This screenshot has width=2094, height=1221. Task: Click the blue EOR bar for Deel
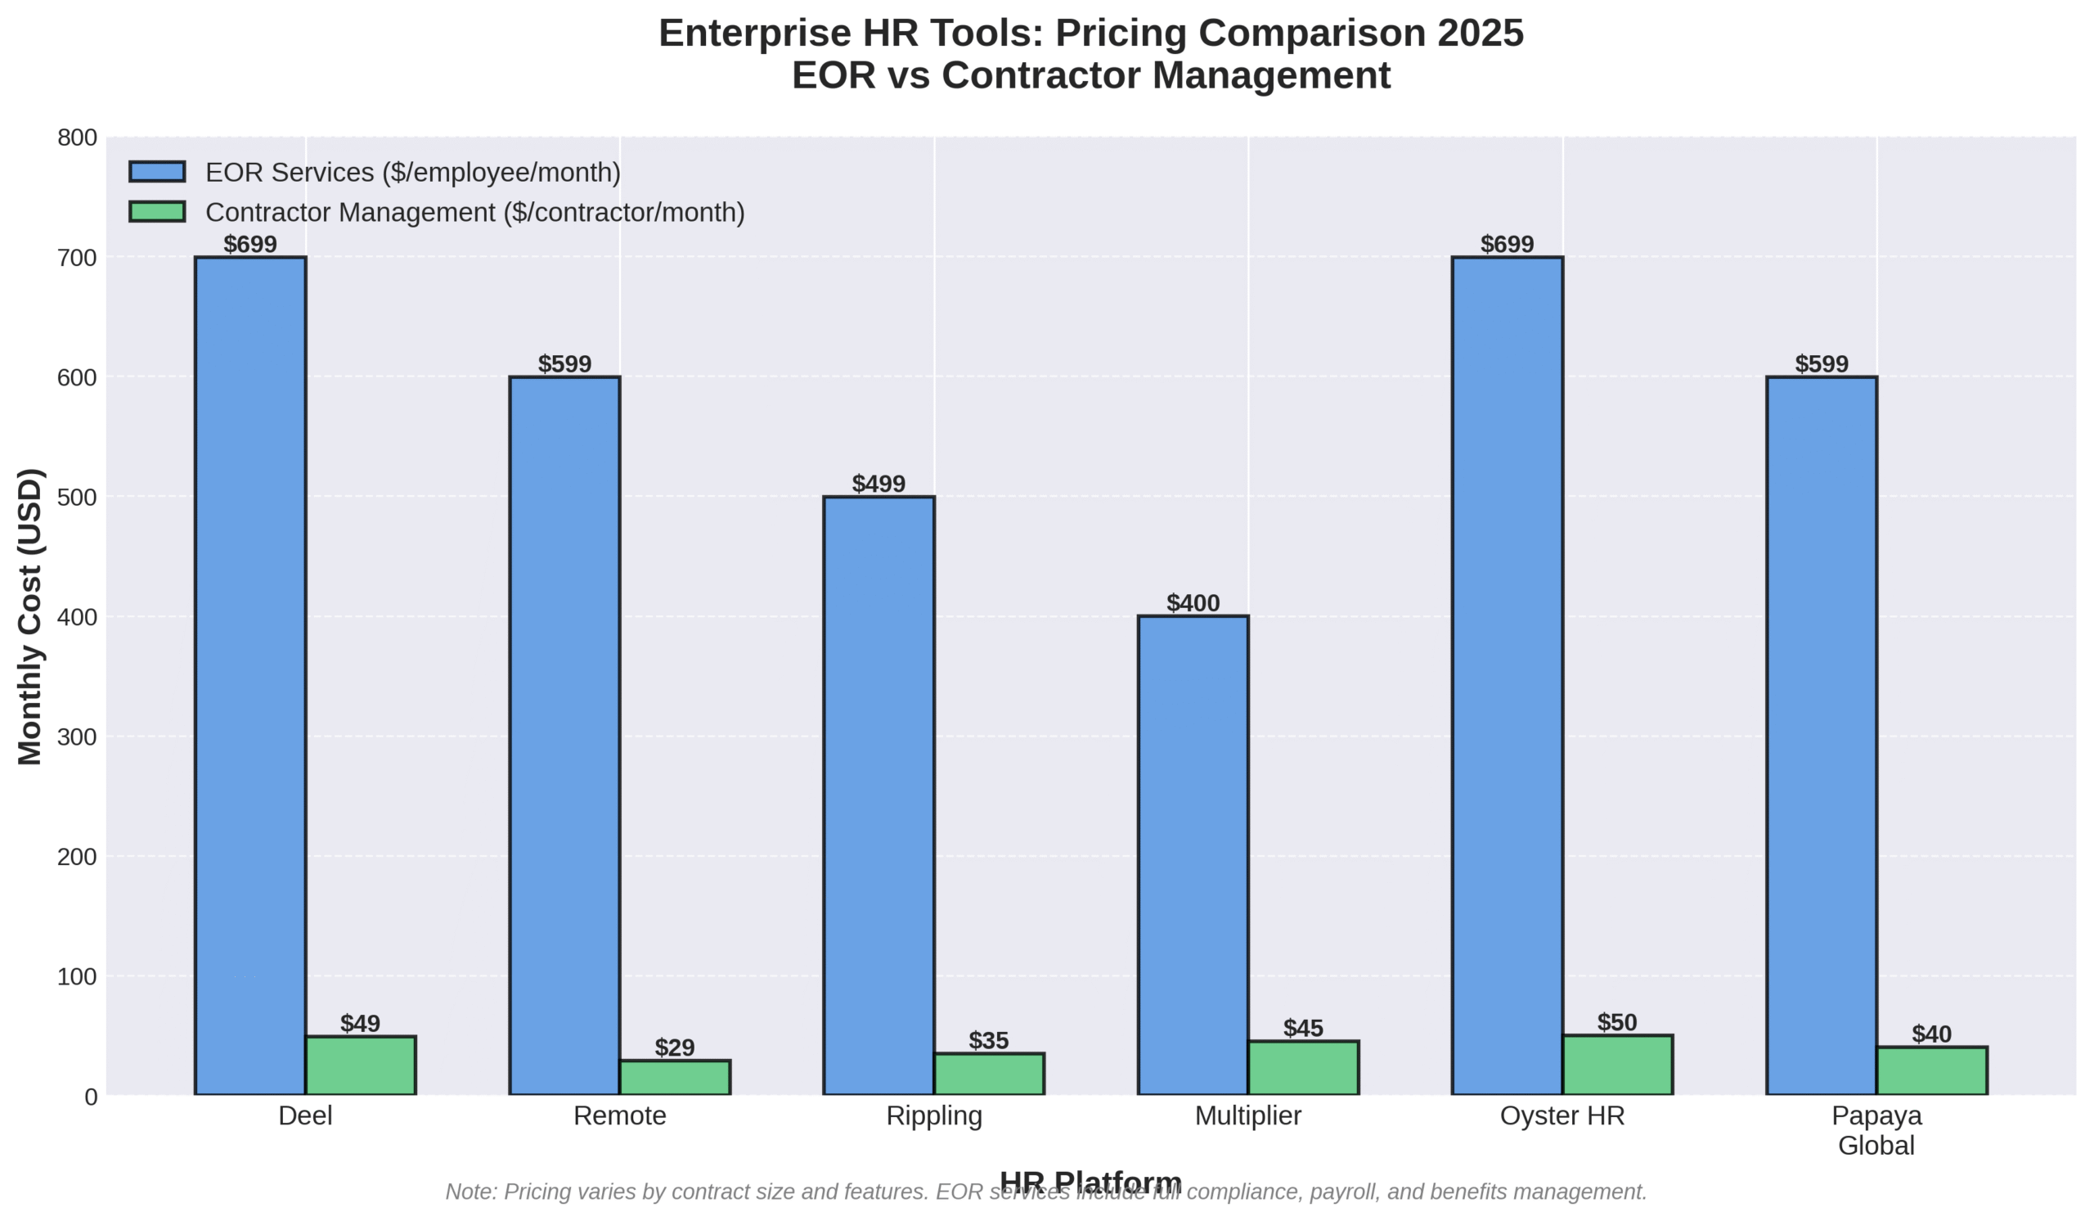point(250,675)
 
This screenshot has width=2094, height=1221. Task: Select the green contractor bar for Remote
point(675,1077)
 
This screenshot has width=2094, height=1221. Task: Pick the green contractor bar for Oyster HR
point(1617,1065)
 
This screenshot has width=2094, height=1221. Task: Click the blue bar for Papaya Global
point(1822,735)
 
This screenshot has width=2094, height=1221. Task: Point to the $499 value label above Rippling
point(878,484)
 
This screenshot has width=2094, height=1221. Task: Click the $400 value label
point(1193,603)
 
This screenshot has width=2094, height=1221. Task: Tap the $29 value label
point(675,1048)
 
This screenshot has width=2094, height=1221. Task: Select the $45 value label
point(1303,1028)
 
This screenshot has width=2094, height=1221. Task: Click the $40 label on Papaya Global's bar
point(1931,1034)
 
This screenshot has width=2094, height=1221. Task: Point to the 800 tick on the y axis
point(77,138)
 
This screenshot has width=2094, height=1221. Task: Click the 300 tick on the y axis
point(77,737)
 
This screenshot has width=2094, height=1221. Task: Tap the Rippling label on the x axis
point(934,1116)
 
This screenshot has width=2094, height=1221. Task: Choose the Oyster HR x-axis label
point(1562,1116)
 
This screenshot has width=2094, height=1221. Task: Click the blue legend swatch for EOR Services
point(157,172)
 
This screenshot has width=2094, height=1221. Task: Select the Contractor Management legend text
point(475,213)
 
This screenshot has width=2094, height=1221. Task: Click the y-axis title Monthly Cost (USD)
point(31,616)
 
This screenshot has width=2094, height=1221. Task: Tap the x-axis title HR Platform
point(1090,1180)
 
